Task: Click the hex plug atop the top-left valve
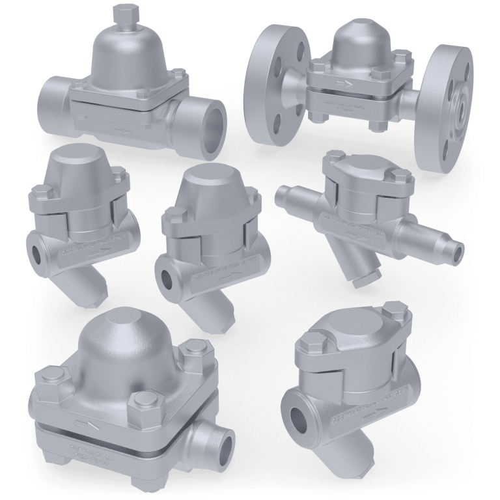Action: coord(122,14)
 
